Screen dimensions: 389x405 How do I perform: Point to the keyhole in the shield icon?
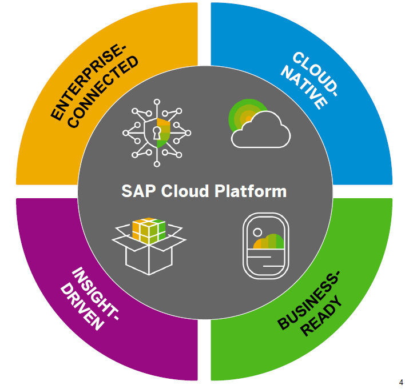156,133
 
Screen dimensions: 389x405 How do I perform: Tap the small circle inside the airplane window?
257,232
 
